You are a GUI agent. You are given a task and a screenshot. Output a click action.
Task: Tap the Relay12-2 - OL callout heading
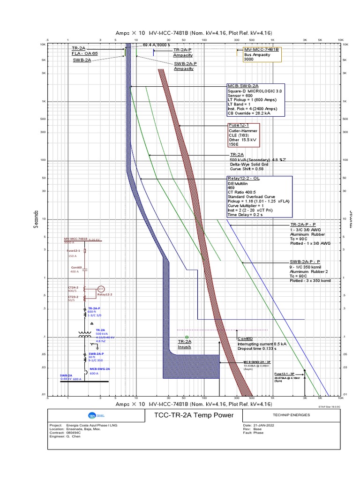click(x=244, y=179)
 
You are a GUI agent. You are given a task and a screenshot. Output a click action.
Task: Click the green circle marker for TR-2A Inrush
click(x=187, y=337)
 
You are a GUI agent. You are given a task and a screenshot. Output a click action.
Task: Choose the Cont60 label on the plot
click(x=245, y=338)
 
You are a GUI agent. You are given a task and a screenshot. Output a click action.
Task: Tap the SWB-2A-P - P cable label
click(x=305, y=262)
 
